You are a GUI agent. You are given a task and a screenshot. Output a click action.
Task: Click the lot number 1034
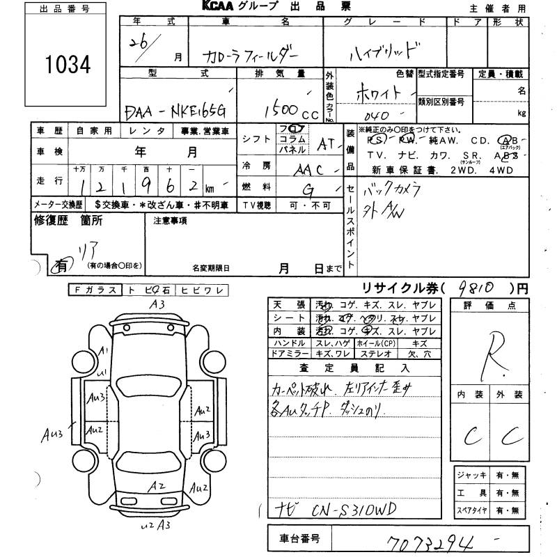68,65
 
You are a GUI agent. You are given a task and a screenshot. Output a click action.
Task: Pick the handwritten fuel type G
308,188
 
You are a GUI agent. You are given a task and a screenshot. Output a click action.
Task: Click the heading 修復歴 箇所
69,221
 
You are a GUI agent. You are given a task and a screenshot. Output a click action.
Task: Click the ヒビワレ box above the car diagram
200,290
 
